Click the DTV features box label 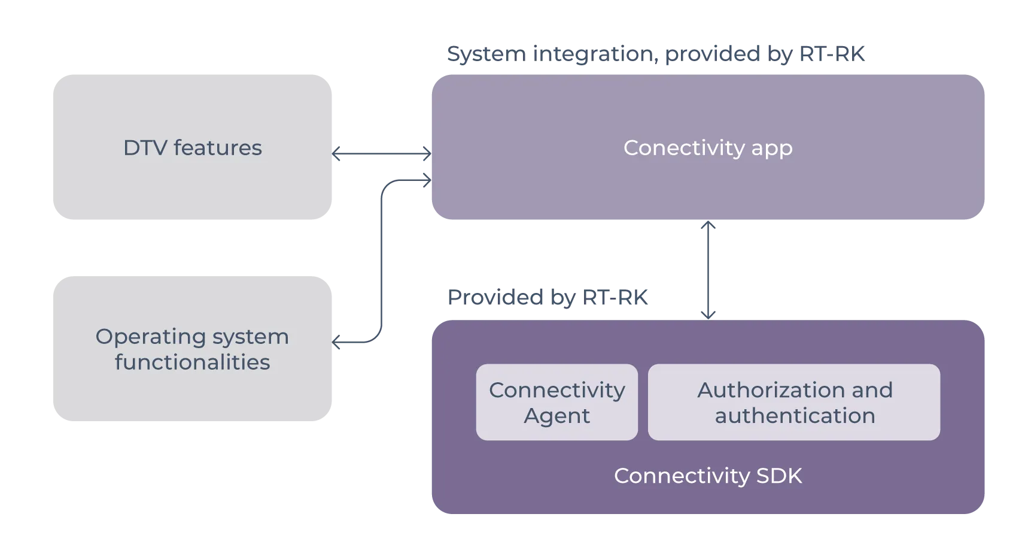tap(192, 148)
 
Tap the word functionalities tap(192, 362)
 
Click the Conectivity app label tap(708, 148)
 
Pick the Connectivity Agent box tap(556, 402)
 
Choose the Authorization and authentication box tap(794, 402)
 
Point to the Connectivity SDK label tap(708, 476)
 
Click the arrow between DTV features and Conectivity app tap(382, 154)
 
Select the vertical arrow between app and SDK tap(708, 270)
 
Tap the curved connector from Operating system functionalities tap(381, 264)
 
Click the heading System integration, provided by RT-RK tap(655, 54)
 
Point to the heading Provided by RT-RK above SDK tap(548, 298)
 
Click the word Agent tap(556, 416)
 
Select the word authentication tap(795, 416)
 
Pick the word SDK tap(778, 476)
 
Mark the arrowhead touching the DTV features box tap(337, 154)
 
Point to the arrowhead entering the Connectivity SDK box tap(708, 313)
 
